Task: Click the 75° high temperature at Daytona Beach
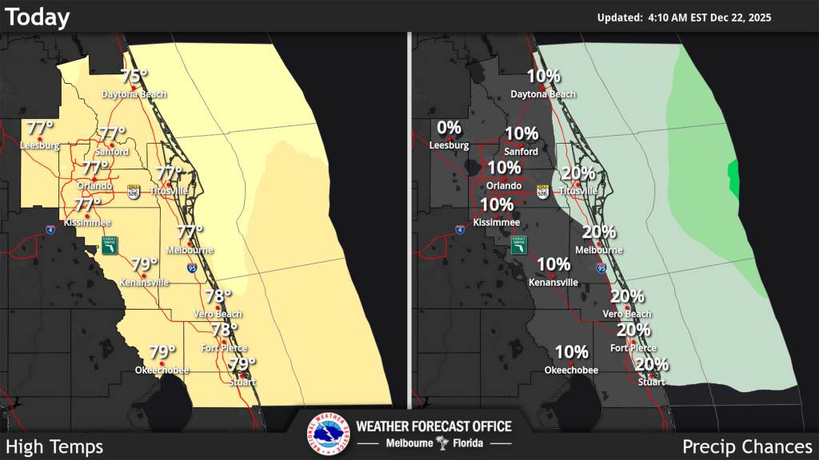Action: (134, 77)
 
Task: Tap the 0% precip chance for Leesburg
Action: (449, 128)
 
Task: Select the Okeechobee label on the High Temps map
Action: (156, 370)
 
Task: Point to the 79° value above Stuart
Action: (242, 364)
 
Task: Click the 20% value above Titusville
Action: (578, 173)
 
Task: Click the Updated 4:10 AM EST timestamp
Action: (684, 18)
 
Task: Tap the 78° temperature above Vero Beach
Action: (218, 296)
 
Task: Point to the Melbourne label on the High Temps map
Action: (190, 250)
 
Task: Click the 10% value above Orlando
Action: (504, 168)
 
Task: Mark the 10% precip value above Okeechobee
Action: (571, 352)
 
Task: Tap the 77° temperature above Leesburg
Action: (40, 128)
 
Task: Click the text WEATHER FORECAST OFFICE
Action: (433, 426)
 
